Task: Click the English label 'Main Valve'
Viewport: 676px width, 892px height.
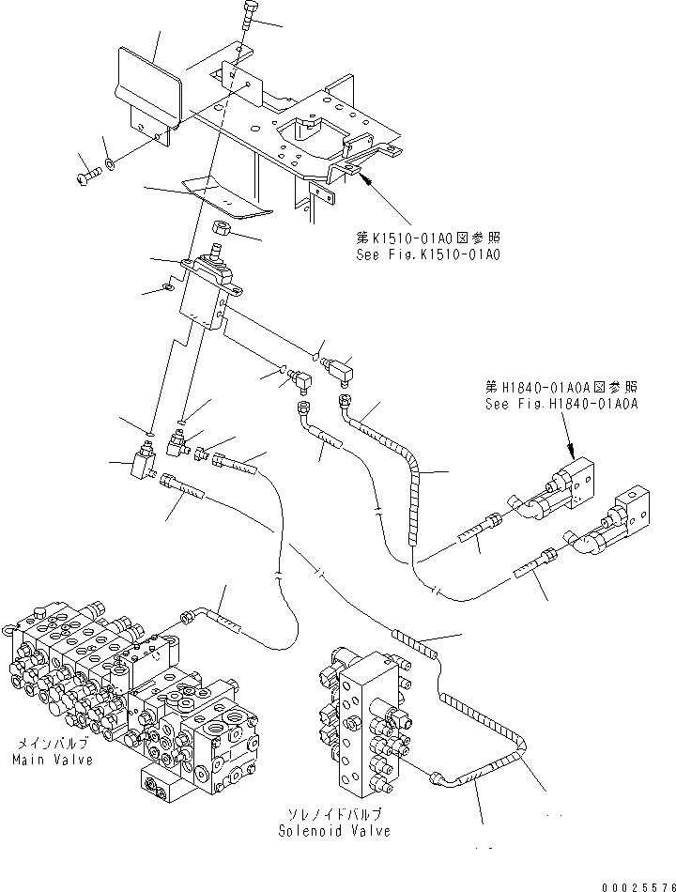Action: pyautogui.click(x=54, y=760)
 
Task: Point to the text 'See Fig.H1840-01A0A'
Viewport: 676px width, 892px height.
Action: pyautogui.click(x=561, y=404)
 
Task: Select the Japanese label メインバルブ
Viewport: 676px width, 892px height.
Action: pyautogui.click(x=53, y=743)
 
